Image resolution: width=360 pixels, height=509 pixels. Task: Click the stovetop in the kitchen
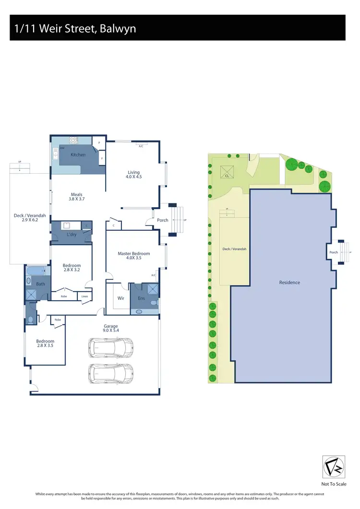pos(73,141)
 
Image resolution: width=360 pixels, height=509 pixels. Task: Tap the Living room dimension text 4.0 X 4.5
pos(134,177)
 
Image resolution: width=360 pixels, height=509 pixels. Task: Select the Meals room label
pos(76,195)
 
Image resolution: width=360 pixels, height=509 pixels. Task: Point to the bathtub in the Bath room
pos(36,272)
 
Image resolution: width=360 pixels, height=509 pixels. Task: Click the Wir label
pos(121,298)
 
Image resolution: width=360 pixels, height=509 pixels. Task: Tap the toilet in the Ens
pos(154,303)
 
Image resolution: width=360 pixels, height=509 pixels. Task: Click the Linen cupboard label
pos(84,296)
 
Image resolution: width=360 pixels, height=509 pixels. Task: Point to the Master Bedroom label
pos(134,254)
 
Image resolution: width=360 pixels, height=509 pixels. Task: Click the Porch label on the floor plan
pos(163,220)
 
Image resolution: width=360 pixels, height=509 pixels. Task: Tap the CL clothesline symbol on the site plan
pos(227,173)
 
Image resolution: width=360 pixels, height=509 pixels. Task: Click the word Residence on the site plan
pos(289,283)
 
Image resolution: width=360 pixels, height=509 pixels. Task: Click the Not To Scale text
pos(334,484)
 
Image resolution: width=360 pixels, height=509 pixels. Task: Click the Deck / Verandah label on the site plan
pos(235,249)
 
